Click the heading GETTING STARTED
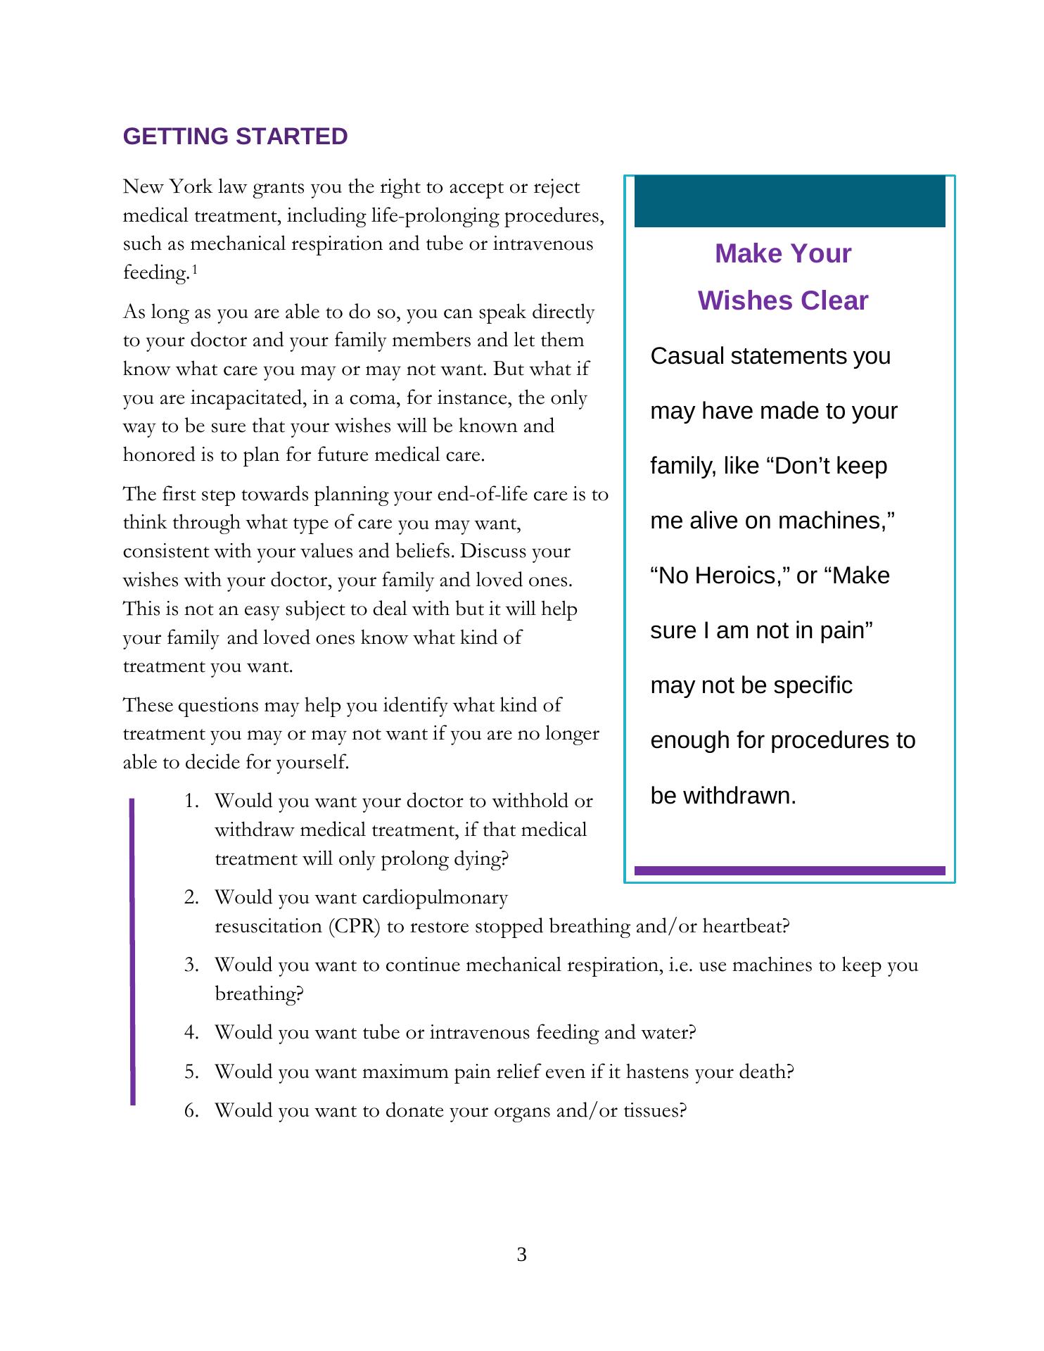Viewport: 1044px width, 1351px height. [x=235, y=137]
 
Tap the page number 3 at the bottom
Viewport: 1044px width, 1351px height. [x=521, y=1254]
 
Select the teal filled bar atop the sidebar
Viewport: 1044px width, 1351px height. [x=789, y=202]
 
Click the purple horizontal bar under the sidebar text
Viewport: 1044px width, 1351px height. [x=789, y=870]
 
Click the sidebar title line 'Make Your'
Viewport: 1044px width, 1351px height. [x=783, y=253]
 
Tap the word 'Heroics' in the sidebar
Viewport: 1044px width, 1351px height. [x=737, y=576]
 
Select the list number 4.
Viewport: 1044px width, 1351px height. [x=191, y=1032]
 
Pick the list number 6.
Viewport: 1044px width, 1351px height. [x=191, y=1110]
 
